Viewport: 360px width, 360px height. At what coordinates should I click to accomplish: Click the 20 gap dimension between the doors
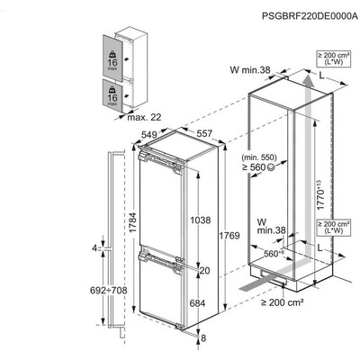pos(205,270)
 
